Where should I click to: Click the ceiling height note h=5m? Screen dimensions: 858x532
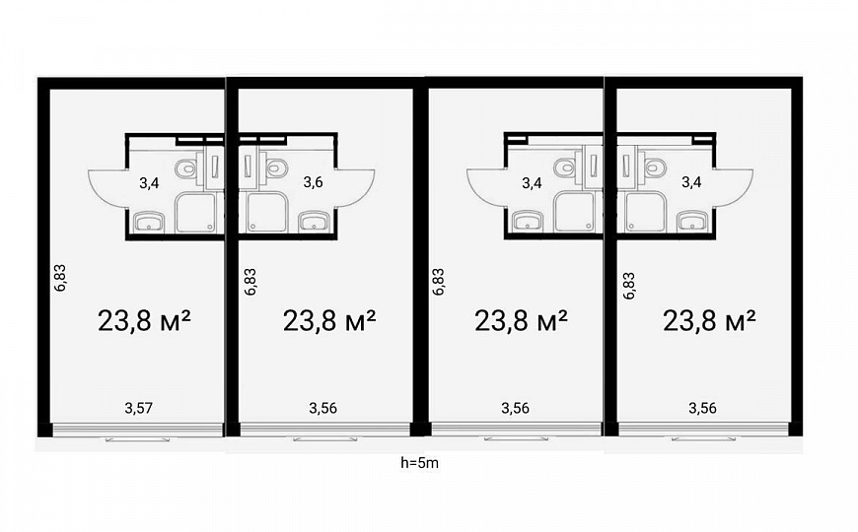[420, 463]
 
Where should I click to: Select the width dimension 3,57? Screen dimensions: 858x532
[138, 408]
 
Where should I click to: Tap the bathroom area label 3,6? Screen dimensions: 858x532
[313, 182]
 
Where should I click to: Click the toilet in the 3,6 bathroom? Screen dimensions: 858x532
[276, 167]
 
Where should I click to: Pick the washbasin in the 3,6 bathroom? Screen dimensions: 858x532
[313, 222]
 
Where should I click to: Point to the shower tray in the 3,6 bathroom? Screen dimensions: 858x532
[266, 212]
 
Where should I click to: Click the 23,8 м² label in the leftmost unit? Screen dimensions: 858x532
[144, 320]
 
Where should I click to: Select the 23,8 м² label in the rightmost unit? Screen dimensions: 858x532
[709, 320]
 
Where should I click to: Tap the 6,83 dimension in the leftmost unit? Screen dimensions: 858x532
[60, 277]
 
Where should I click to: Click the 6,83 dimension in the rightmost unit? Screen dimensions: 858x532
[629, 286]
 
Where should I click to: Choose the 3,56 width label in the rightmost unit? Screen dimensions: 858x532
[702, 408]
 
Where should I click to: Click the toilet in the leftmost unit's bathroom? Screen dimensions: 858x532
[186, 167]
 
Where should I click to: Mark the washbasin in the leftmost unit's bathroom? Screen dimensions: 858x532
[149, 222]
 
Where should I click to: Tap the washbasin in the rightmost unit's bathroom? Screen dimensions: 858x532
[691, 222]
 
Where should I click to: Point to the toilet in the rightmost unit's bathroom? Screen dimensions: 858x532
[655, 167]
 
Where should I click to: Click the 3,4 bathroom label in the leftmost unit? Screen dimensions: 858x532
[149, 183]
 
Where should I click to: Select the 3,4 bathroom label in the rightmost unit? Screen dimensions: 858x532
[691, 182]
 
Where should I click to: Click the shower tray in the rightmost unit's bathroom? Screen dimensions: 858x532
[645, 212]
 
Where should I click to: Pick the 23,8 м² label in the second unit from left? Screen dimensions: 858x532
[329, 320]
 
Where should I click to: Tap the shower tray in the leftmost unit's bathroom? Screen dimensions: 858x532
[195, 212]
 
